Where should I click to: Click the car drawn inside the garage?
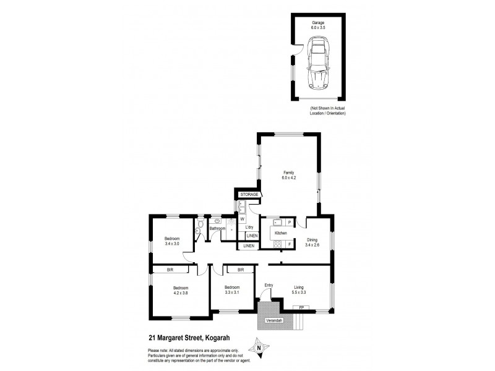point(319,62)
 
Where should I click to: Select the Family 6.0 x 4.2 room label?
point(288,175)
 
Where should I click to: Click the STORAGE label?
point(249,195)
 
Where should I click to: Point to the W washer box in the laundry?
point(243,218)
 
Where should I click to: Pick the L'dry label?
point(250,228)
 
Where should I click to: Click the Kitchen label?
point(280,233)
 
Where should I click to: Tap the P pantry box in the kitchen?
point(289,221)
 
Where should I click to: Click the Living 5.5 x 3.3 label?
point(299,289)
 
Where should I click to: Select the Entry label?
point(269,285)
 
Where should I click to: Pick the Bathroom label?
point(217,229)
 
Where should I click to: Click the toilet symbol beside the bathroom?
point(197,232)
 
